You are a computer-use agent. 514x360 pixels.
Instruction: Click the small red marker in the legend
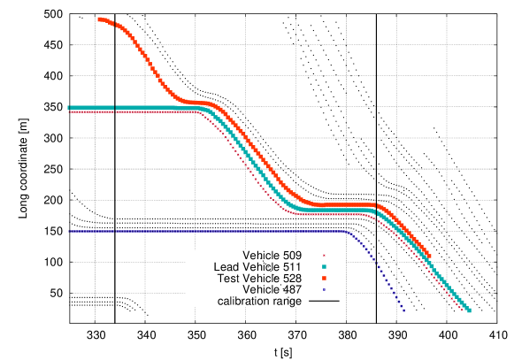(x=324, y=256)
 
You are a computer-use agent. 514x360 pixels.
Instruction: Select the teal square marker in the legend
(x=324, y=266)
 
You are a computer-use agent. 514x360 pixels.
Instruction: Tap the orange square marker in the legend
(x=324, y=278)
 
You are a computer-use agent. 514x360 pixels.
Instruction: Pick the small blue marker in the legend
(x=324, y=289)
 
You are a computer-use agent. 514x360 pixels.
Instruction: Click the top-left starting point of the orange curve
(x=99, y=19)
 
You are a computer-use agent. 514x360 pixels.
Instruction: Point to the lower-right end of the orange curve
(x=429, y=257)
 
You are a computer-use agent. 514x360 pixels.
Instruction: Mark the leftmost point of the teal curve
(x=69, y=108)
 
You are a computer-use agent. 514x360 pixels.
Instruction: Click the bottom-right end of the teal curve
(x=469, y=310)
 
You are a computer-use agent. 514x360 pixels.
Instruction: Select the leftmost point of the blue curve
(x=70, y=231)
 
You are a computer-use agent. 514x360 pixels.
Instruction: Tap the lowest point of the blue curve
(x=403, y=310)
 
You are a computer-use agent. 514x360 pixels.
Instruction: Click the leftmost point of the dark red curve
(x=70, y=112)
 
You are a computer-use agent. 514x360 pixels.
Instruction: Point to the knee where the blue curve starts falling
(x=347, y=232)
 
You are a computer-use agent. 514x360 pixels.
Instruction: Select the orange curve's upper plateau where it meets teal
(x=199, y=103)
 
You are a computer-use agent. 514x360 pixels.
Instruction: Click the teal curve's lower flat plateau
(x=336, y=210)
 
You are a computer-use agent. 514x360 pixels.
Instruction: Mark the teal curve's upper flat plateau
(x=133, y=108)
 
